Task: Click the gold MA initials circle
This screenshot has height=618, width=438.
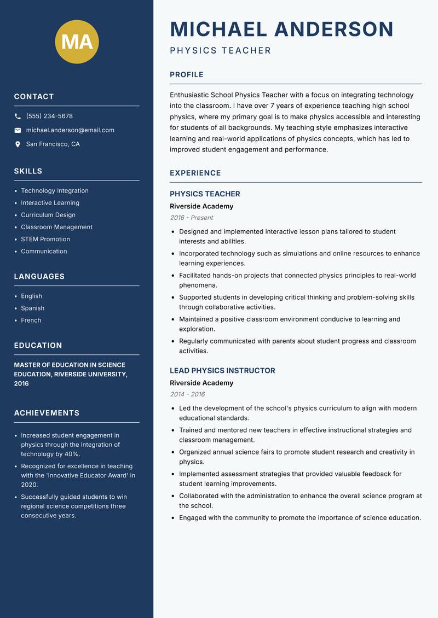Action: [x=77, y=42]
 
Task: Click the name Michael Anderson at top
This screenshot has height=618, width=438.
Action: [x=281, y=29]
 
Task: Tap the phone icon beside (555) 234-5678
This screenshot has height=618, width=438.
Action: [x=18, y=116]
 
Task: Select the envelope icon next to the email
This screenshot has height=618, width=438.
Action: [x=18, y=130]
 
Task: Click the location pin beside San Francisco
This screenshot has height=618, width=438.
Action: [x=18, y=144]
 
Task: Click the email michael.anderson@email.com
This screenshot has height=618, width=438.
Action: [x=70, y=130]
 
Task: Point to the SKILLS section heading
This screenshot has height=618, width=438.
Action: [x=28, y=171]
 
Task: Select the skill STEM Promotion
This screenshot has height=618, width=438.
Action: [x=45, y=239]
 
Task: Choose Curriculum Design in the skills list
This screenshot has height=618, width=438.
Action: [x=48, y=215]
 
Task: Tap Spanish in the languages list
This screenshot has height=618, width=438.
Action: [x=32, y=308]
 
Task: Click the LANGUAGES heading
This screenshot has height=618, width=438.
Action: [x=39, y=277]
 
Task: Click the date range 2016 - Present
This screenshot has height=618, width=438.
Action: [x=191, y=218]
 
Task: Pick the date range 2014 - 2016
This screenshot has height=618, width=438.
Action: [x=187, y=394]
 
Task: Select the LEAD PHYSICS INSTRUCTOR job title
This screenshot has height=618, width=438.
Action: [x=222, y=371]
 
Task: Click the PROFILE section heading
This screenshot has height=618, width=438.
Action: [x=186, y=75]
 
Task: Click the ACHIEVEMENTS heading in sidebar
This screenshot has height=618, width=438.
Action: [x=47, y=413]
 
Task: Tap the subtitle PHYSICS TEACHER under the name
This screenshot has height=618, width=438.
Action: [x=220, y=51]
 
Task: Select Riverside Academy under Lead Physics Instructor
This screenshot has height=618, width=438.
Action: [x=201, y=383]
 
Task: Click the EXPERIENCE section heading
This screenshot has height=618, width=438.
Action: [x=195, y=173]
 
